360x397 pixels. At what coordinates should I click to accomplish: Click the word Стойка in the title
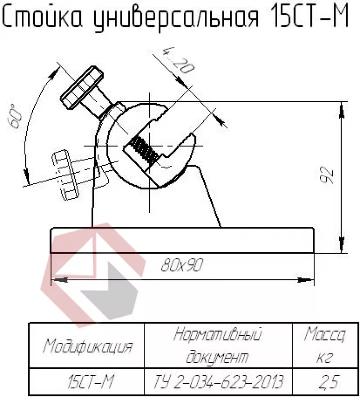(42, 18)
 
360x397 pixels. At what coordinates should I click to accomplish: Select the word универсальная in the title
(176, 19)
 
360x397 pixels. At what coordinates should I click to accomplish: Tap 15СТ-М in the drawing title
(310, 16)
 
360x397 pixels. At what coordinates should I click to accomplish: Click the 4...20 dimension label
(178, 60)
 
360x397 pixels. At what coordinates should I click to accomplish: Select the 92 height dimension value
(327, 175)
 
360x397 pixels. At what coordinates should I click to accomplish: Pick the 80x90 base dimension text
(182, 265)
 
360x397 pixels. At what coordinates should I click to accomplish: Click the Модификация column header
(88, 346)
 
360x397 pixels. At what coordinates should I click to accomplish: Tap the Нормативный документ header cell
(218, 345)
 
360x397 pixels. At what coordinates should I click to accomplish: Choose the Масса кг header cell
(325, 345)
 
